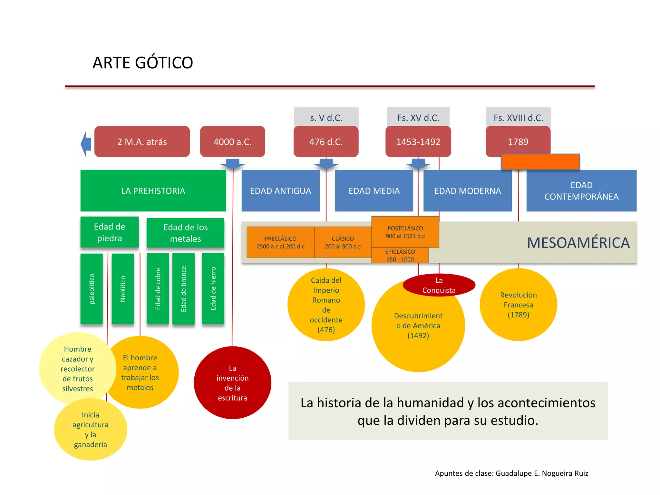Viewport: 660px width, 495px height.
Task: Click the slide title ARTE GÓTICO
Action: pos(143,63)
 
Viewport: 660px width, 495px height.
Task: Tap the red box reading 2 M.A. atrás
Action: pos(142,142)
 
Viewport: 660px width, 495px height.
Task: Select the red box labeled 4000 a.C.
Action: pos(232,142)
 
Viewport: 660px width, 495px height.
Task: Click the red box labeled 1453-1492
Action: pos(418,142)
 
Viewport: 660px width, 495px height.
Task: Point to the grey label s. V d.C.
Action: pos(326,118)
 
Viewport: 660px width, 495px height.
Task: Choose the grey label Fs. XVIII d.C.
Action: pos(518,118)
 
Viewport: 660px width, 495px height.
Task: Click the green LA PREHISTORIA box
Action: pos(153,191)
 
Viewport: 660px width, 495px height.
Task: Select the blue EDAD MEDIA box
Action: pos(374,191)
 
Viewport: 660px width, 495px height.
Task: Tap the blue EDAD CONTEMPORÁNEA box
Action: pos(581,191)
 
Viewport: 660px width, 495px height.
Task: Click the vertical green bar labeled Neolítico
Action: pos(123,289)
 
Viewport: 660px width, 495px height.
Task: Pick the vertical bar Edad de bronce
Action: pos(183,289)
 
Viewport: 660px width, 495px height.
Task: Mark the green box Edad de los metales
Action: pos(185,233)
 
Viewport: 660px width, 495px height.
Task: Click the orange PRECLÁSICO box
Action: pos(280,242)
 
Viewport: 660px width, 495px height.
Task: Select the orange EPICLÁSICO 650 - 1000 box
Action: pos(400,256)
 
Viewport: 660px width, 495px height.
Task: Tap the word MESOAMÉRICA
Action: pos(578,243)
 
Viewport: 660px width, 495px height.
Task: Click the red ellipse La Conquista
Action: pos(439,285)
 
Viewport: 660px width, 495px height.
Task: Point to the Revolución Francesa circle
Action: pos(518,305)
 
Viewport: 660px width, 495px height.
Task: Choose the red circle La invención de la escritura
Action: pos(232,383)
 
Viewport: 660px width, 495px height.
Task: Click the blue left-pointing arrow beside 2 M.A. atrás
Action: pos(86,144)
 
